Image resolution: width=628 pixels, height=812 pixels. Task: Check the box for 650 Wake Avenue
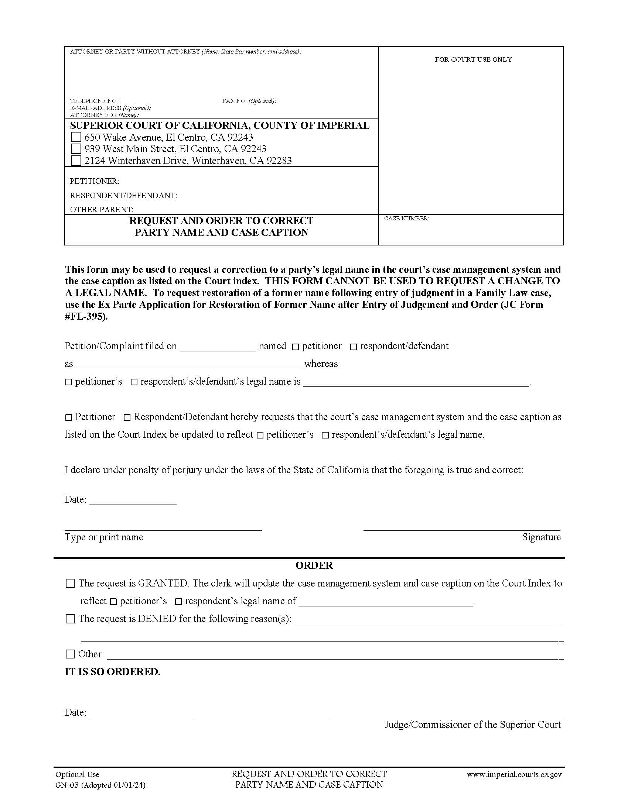(x=76, y=137)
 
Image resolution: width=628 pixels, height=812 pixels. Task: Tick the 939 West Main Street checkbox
(x=76, y=149)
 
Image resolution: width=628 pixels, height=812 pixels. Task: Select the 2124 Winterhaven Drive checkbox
(x=76, y=161)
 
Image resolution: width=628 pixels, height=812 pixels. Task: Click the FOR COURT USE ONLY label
(x=473, y=59)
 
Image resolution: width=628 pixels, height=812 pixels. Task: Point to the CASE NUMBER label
(x=406, y=219)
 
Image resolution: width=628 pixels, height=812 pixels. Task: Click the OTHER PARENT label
(x=102, y=209)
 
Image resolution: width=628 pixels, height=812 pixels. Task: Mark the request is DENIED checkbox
(x=70, y=619)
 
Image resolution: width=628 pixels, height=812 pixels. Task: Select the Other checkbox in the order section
(x=70, y=654)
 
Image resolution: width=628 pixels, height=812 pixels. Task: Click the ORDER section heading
(x=314, y=565)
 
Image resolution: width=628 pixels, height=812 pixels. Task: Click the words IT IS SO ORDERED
(x=112, y=672)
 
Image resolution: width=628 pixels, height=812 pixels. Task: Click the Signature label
(x=541, y=537)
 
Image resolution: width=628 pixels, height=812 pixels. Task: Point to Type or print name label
(x=104, y=537)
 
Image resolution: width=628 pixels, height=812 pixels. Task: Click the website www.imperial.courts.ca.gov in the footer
(x=514, y=774)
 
